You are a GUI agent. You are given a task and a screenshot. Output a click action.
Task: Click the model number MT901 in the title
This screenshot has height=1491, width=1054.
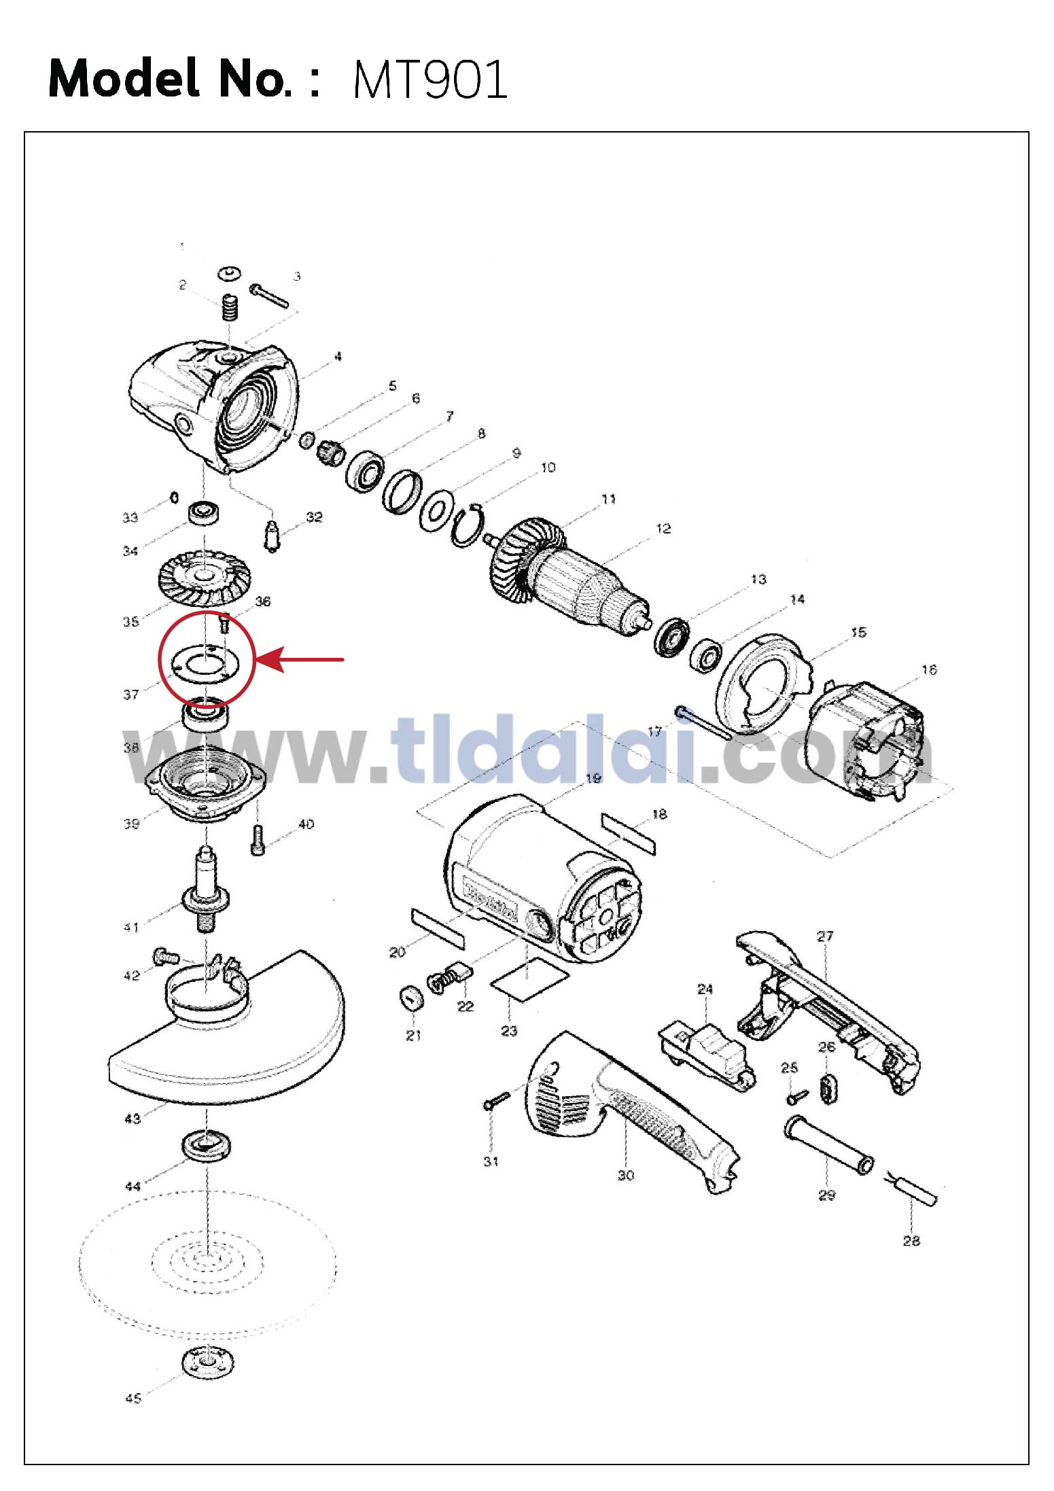pyautogui.click(x=430, y=80)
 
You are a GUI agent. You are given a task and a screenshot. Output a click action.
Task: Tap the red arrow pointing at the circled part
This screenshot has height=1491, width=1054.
pyautogui.click(x=299, y=659)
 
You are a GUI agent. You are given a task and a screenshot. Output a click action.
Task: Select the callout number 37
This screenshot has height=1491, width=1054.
pyautogui.click(x=131, y=695)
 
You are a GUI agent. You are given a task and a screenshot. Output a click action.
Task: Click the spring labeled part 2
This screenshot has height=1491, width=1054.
pyautogui.click(x=230, y=310)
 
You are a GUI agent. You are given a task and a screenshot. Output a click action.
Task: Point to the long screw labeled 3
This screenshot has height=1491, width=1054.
pyautogui.click(x=270, y=296)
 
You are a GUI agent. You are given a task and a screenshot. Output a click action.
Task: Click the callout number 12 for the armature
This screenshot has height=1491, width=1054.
pyautogui.click(x=663, y=528)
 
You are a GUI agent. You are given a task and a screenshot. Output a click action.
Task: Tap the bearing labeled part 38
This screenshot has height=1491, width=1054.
pyautogui.click(x=205, y=716)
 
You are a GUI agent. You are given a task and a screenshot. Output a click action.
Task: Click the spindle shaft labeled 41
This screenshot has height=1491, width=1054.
pyautogui.click(x=206, y=891)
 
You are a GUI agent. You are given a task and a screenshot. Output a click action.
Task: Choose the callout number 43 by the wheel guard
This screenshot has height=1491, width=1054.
pyautogui.click(x=133, y=1118)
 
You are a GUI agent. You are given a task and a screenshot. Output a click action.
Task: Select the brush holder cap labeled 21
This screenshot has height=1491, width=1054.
pyautogui.click(x=411, y=999)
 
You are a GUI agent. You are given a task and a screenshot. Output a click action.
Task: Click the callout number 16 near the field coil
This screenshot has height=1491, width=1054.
pyautogui.click(x=929, y=669)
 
